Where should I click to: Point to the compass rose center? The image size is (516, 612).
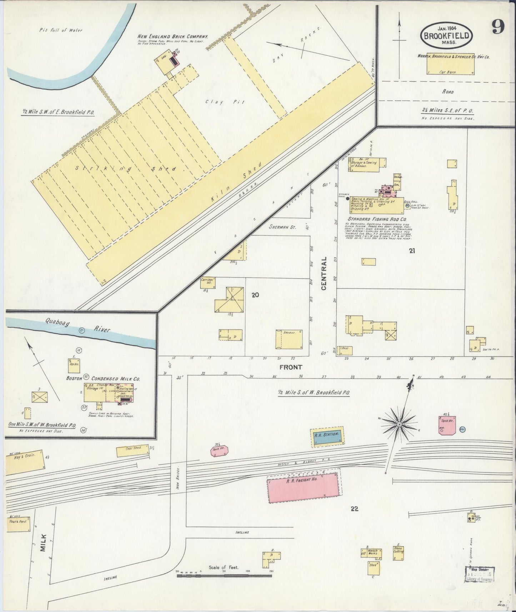click(x=400, y=424)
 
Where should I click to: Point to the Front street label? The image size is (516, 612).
click(x=291, y=367)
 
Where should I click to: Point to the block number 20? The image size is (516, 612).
click(x=255, y=295)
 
